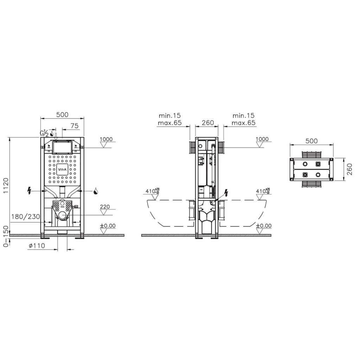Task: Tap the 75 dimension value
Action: pyautogui.click(x=74, y=126)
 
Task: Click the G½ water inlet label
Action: pyautogui.click(x=44, y=133)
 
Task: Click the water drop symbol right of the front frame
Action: pyautogui.click(x=95, y=191)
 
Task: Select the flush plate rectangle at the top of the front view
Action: pyautogui.click(x=62, y=147)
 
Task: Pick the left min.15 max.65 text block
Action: pyautogui.click(x=170, y=119)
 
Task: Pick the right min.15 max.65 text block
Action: pyautogui.click(x=243, y=119)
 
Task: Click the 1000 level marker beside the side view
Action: pyautogui.click(x=262, y=139)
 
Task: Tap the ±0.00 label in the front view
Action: pyautogui.click(x=107, y=226)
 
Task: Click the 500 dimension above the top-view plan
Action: pyautogui.click(x=311, y=141)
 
